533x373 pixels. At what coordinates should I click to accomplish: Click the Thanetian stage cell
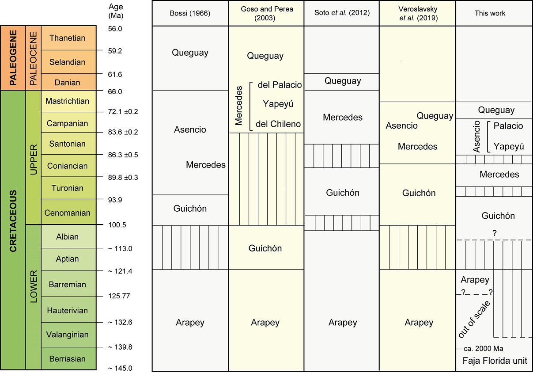(67, 38)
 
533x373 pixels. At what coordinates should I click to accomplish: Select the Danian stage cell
(67, 82)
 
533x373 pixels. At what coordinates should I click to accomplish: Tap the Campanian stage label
(67, 123)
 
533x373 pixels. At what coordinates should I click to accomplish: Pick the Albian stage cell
(67, 236)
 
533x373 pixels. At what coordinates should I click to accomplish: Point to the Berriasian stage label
(67, 358)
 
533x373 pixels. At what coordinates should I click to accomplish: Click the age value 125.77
(119, 296)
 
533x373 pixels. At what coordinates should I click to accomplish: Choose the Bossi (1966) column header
(190, 13)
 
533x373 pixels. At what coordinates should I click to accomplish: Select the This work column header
(490, 13)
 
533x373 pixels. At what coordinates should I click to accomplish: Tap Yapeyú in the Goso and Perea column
(278, 104)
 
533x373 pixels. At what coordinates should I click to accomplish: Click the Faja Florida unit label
(495, 360)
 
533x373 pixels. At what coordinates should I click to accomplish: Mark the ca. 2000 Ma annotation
(483, 348)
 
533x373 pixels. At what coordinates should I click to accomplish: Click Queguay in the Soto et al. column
(343, 81)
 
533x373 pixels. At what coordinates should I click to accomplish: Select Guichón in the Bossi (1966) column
(190, 208)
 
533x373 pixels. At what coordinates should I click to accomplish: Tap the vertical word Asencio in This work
(476, 137)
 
